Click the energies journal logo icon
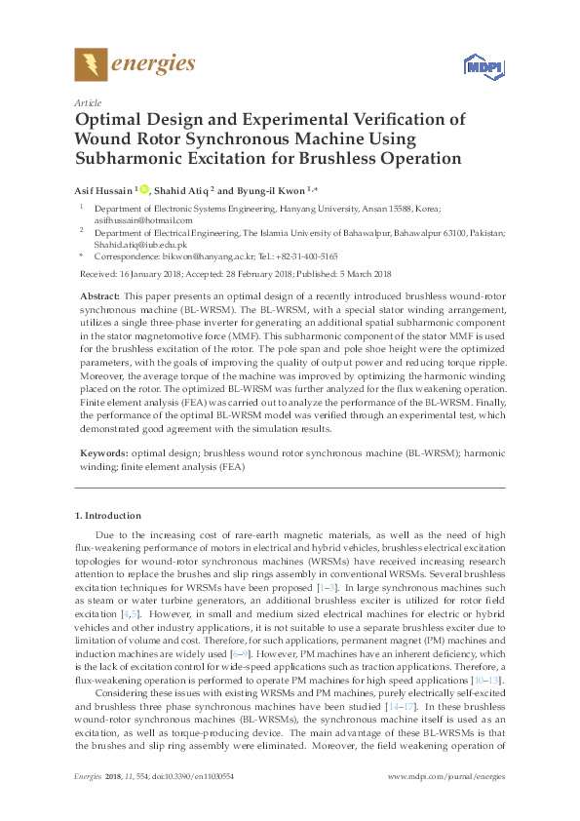pyautogui.click(x=91, y=64)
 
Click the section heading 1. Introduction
pyautogui.click(x=107, y=515)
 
